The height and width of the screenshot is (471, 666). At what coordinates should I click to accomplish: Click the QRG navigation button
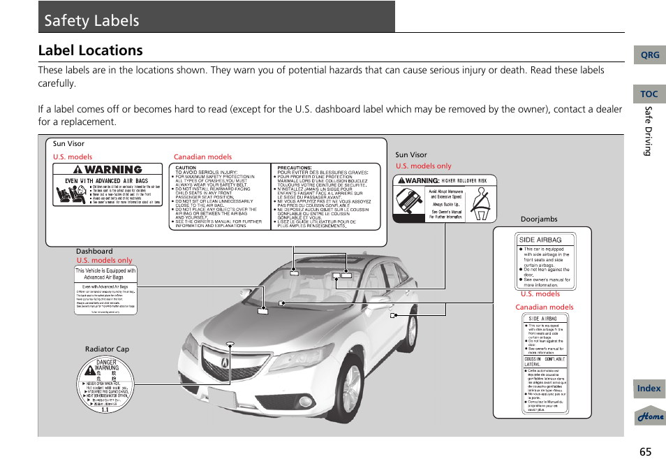[x=649, y=55]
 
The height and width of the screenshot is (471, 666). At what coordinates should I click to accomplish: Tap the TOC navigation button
[x=649, y=94]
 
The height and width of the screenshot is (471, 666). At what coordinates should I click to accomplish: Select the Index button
[x=649, y=389]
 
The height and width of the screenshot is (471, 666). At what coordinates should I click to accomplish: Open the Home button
[x=649, y=416]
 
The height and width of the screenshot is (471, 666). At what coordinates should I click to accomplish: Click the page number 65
[x=644, y=451]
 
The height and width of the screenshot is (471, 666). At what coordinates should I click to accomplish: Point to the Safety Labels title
[x=91, y=20]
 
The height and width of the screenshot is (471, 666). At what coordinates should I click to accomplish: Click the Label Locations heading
[x=91, y=50]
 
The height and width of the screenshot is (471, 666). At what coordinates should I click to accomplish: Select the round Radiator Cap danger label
[x=106, y=385]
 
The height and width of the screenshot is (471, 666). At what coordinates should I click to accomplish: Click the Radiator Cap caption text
[x=107, y=349]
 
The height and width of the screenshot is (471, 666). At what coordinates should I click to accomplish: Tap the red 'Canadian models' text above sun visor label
[x=202, y=157]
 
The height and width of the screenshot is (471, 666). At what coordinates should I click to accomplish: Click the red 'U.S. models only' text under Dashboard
[x=104, y=261]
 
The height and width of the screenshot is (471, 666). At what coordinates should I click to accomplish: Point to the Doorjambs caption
[x=539, y=219]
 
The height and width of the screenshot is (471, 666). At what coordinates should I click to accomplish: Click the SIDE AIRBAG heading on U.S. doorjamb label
[x=539, y=240]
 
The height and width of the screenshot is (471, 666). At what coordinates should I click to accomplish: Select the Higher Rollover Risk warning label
[x=445, y=198]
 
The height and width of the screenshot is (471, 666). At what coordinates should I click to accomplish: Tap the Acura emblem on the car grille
[x=225, y=362]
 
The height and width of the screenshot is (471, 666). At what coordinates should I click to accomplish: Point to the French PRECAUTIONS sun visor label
[x=325, y=197]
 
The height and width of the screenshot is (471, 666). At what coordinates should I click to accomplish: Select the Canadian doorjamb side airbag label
[x=545, y=363]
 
